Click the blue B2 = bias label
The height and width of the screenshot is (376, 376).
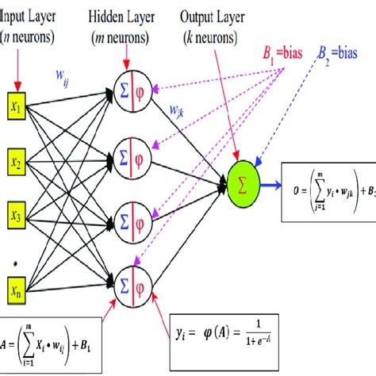coord(347,54)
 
